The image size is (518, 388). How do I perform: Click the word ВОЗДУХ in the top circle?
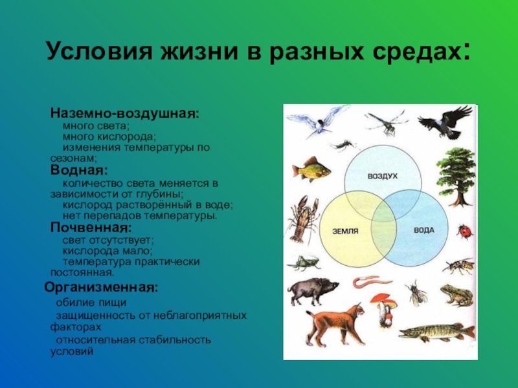click(x=383, y=176)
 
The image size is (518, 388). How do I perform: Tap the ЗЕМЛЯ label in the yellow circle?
click(x=345, y=232)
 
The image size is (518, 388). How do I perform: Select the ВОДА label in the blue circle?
click(x=424, y=230)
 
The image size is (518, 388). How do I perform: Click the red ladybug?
click(x=465, y=231)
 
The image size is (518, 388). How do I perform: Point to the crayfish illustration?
click(x=302, y=219)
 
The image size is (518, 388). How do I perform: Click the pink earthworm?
click(x=371, y=282)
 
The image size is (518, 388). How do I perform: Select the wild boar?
click(x=313, y=290)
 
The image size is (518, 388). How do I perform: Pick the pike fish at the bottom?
click(x=436, y=332)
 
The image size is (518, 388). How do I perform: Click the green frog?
click(x=456, y=295)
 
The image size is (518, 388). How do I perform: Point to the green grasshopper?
click(x=304, y=263)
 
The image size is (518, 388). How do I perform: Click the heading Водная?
click(x=79, y=170)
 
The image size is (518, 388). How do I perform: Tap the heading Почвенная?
click(x=91, y=228)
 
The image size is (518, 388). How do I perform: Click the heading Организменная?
click(x=102, y=287)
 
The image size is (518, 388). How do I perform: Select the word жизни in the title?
click(x=199, y=52)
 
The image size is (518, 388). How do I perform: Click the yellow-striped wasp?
click(x=459, y=266)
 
